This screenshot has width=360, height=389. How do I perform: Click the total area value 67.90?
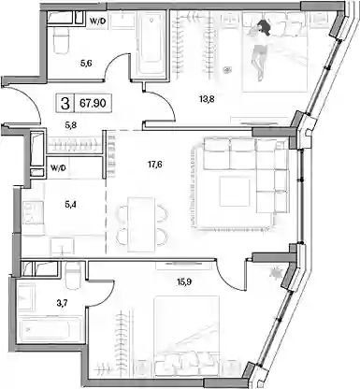[93, 103]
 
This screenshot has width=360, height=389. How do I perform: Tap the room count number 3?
[65, 103]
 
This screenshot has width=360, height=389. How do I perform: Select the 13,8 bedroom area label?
[207, 99]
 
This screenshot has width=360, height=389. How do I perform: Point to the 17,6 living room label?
[154, 165]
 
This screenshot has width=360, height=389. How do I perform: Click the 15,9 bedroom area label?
[184, 282]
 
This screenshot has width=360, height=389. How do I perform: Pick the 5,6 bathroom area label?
[87, 64]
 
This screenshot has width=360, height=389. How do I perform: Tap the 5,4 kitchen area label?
[70, 205]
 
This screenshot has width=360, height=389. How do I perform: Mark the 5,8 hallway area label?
[71, 125]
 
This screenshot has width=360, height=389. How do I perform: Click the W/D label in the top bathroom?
[97, 22]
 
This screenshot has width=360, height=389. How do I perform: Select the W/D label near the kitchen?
[59, 168]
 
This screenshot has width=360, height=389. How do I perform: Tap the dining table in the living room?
[142, 224]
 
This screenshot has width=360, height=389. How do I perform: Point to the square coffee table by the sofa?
[235, 191]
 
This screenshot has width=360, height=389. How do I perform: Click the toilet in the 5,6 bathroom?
[61, 40]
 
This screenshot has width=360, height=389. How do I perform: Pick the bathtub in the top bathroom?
[151, 44]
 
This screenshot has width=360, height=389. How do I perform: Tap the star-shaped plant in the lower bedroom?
[276, 273]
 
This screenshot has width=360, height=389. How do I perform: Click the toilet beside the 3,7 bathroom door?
[74, 276]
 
